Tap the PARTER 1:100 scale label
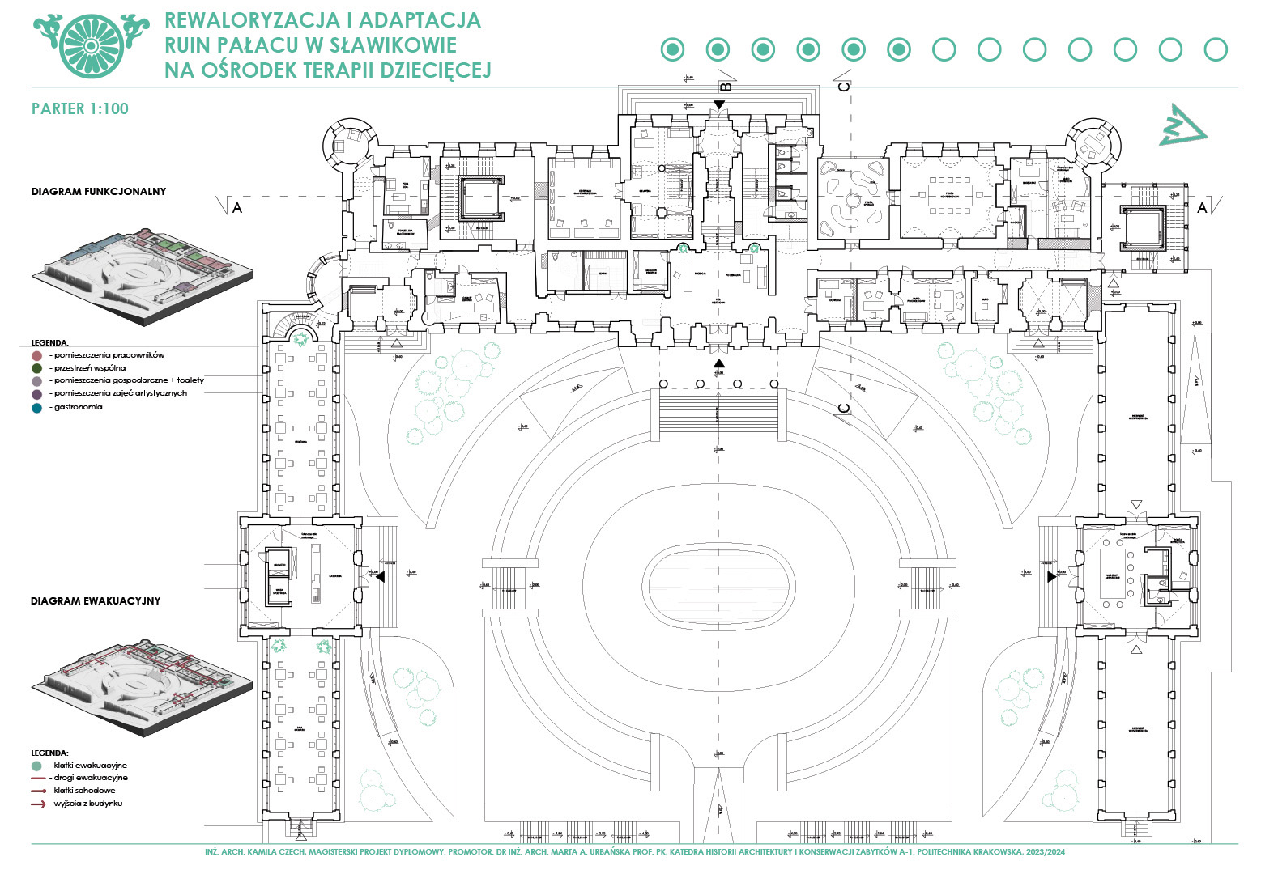[79, 109]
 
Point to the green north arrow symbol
[1182, 125]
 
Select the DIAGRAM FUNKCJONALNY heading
[99, 192]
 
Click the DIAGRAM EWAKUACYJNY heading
[96, 601]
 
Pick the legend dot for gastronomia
[36, 408]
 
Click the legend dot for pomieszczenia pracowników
[36, 355]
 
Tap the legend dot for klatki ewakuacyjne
[36, 766]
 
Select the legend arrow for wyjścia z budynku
[37, 804]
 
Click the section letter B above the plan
[726, 86]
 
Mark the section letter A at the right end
[1202, 208]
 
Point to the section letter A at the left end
[237, 208]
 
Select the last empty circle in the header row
[1216, 50]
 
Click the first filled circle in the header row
[672, 50]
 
